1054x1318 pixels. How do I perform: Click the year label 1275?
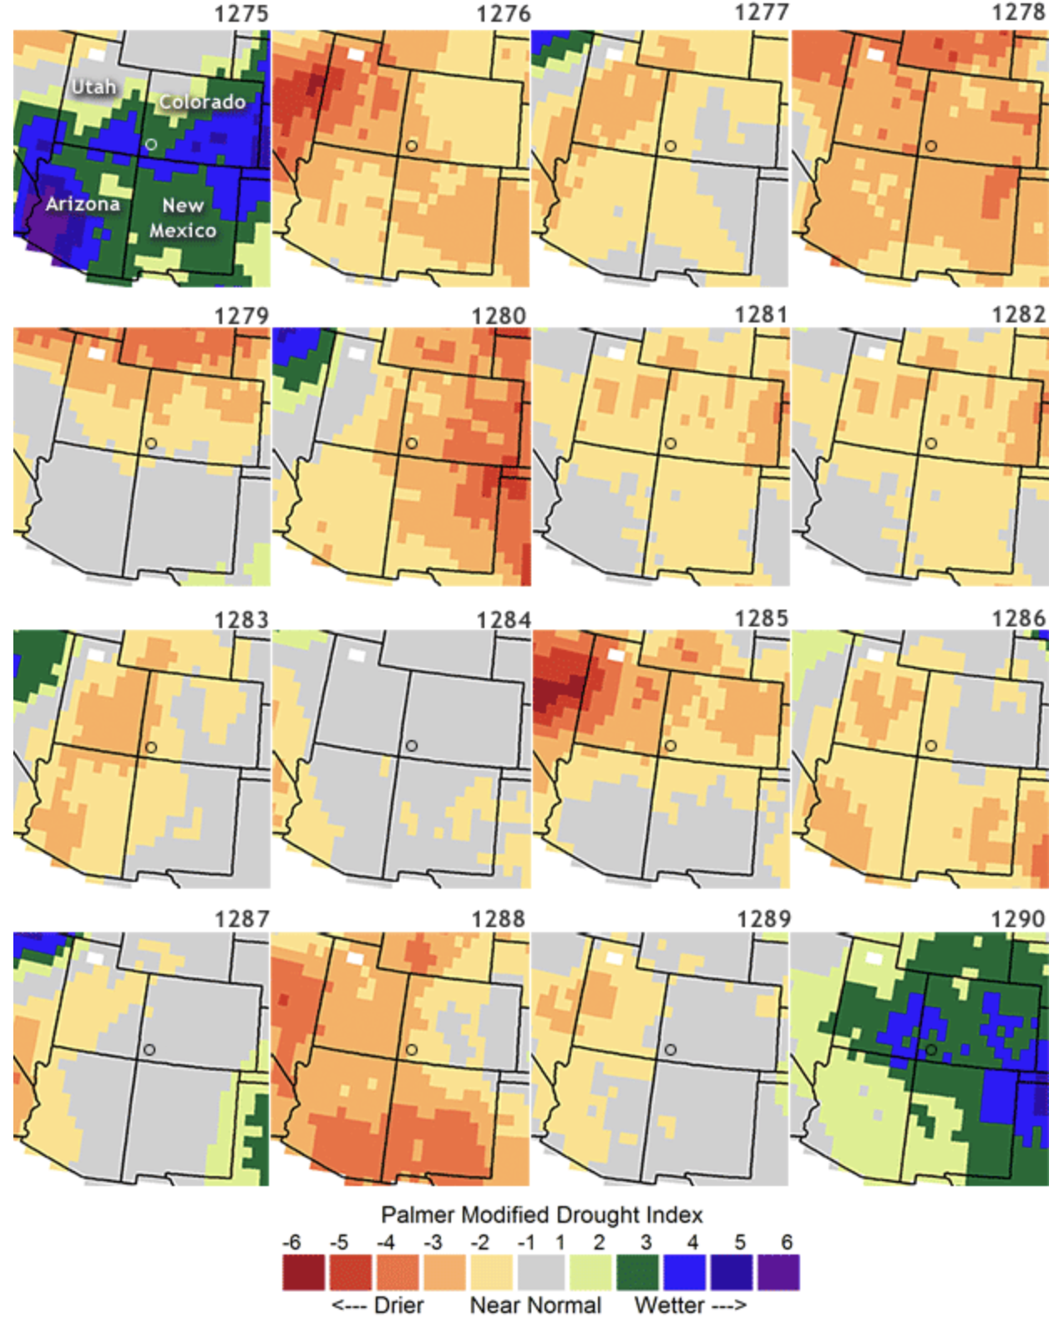tap(241, 14)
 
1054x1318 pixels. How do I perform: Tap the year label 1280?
tap(499, 316)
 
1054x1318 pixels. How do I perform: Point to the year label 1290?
tap(1018, 919)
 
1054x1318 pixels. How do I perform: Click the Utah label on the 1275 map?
tap(94, 87)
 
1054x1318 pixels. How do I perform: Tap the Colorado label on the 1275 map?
tap(202, 102)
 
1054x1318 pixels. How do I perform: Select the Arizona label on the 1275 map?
tap(82, 204)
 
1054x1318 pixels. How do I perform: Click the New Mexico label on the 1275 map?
tap(183, 217)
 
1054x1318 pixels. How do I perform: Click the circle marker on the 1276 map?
tap(412, 145)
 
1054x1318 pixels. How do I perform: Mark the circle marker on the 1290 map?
tap(930, 1049)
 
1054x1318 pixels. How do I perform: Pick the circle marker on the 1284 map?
tap(412, 745)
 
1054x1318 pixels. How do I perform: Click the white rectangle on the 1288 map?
tap(356, 957)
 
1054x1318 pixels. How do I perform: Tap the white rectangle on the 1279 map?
tap(97, 353)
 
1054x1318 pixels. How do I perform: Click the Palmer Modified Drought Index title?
tap(542, 1214)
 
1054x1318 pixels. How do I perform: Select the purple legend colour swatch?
tap(778, 1272)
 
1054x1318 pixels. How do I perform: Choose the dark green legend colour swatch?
tap(638, 1272)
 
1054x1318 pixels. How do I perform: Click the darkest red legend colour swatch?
tap(303, 1272)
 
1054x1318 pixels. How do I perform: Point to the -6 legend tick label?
tap(291, 1242)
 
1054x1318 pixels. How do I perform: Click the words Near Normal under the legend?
tap(535, 1305)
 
